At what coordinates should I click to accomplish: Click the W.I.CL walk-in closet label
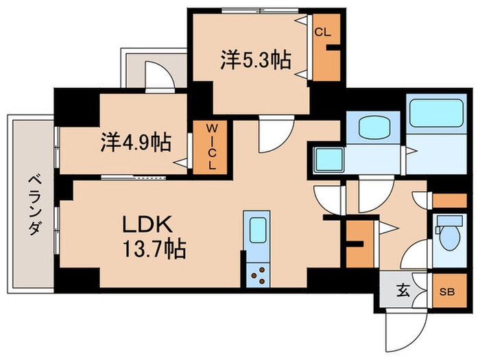coord(213,146)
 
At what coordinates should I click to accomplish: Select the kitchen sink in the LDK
coord(257,230)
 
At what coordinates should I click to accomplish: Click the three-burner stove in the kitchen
coord(259,275)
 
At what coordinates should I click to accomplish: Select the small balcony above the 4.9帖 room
coord(154,69)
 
